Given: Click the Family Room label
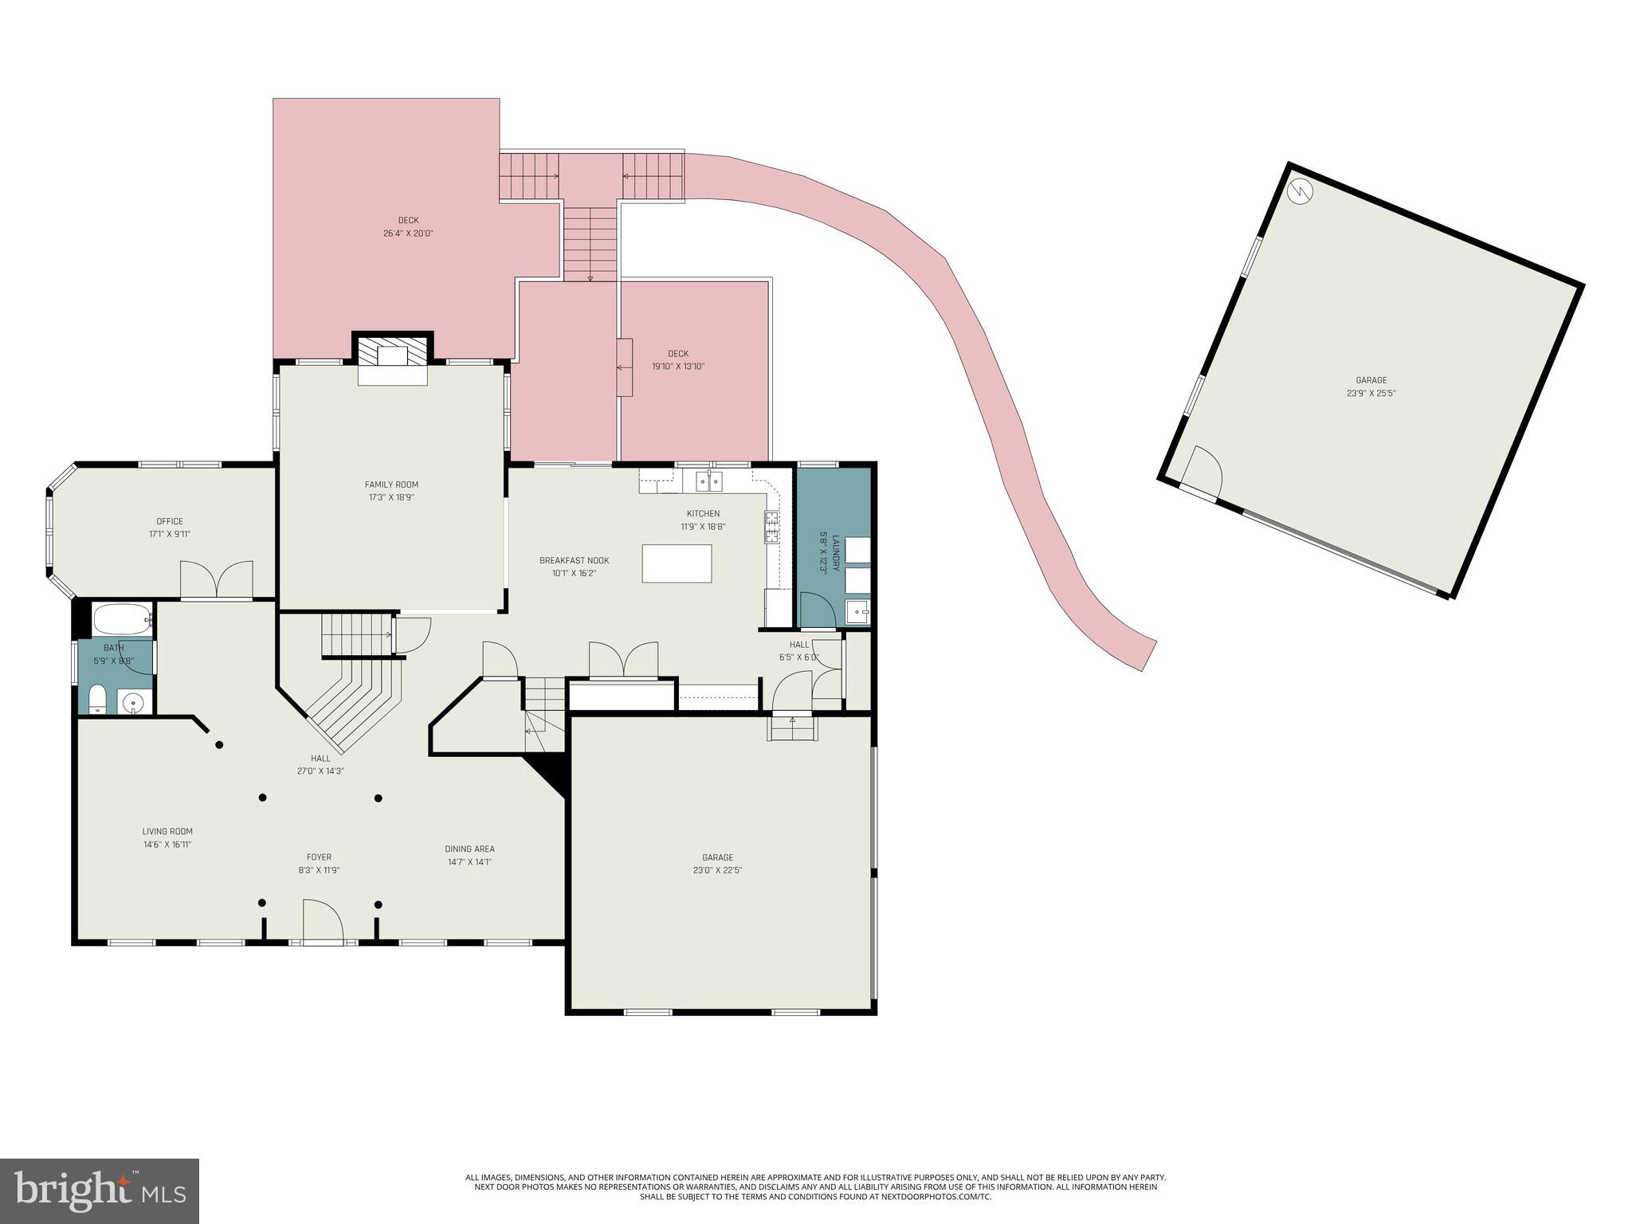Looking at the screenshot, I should (x=391, y=484).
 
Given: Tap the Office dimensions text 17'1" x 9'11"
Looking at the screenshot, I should (x=170, y=535).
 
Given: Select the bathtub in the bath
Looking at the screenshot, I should (x=122, y=619).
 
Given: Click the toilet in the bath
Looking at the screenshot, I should (x=97, y=700).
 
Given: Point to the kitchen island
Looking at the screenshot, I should (x=677, y=563).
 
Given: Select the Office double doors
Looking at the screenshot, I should (x=217, y=579).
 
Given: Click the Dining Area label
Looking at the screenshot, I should (x=469, y=849).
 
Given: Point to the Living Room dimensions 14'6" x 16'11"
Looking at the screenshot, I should (x=167, y=844).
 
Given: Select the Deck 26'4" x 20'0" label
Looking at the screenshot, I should (x=408, y=221).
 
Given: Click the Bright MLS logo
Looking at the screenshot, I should (x=99, y=1190).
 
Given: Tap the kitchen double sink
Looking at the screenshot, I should (x=708, y=481).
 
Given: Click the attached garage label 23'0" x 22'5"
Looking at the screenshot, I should (x=718, y=870).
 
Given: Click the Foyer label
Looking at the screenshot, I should (x=319, y=857).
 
